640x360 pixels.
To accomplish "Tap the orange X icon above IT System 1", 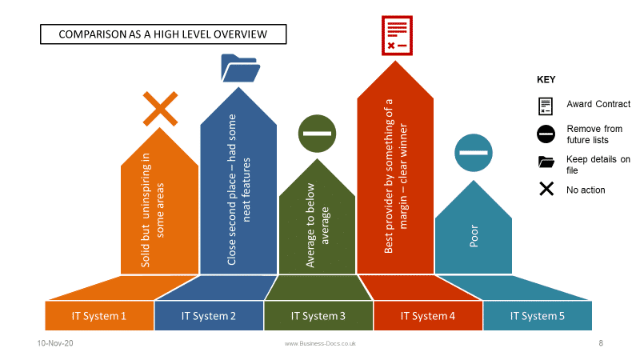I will point(159,109).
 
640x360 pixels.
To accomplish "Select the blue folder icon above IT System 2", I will point(241,68).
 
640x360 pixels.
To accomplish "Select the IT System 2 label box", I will point(209,315).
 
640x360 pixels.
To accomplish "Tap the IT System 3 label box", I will point(318,315).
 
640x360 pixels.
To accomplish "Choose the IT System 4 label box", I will point(428,315).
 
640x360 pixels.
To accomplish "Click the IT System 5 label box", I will point(538,315).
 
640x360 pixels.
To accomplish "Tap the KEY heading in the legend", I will point(546,80).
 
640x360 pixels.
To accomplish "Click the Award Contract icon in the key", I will point(546,105).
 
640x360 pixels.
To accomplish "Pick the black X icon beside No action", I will point(546,190).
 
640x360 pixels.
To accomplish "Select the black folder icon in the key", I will point(546,162).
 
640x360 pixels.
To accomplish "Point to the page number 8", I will point(601,343).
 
